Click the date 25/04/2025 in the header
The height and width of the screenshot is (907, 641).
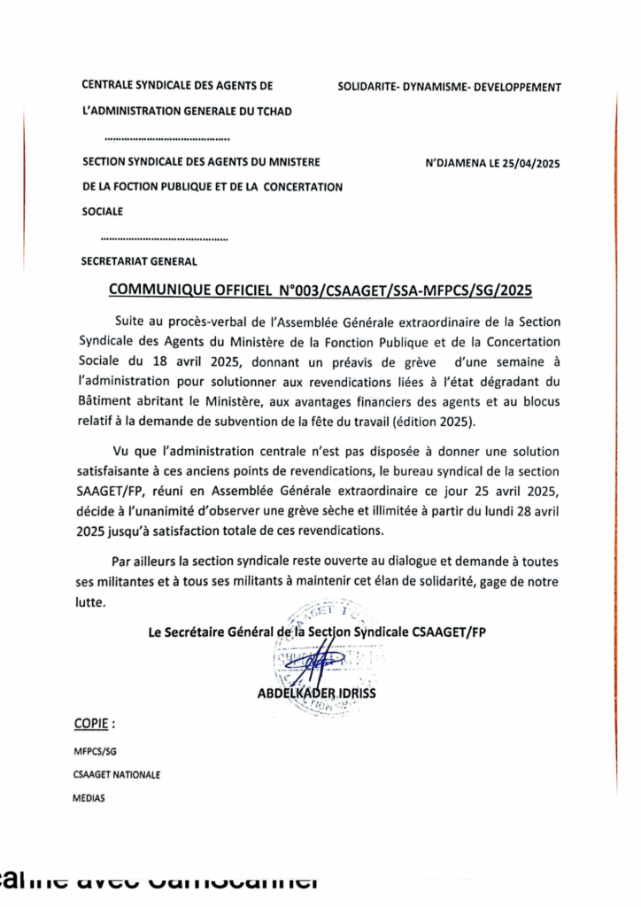(528, 164)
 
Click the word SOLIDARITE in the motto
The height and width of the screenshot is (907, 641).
(368, 87)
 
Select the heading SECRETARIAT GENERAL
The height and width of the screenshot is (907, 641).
(139, 261)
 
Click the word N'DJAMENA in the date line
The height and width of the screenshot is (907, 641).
(454, 164)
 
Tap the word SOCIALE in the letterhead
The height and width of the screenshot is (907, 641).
(103, 211)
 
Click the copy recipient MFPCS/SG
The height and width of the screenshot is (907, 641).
(96, 751)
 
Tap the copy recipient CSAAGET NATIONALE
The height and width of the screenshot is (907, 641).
(118, 774)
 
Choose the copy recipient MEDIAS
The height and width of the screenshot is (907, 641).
(89, 797)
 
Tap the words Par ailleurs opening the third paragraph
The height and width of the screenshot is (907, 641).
(143, 562)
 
